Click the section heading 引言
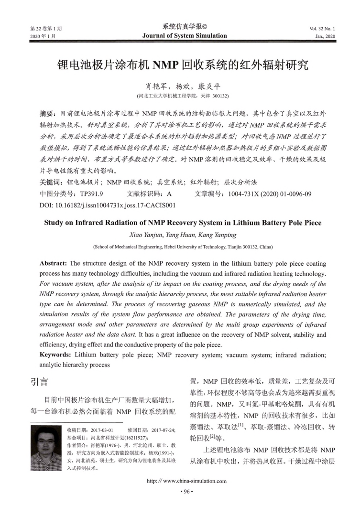pyautogui.click(x=38, y=382)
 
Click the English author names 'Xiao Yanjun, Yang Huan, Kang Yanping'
pyautogui.click(x=180, y=235)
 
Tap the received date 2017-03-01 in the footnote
pyautogui.click(x=101, y=430)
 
